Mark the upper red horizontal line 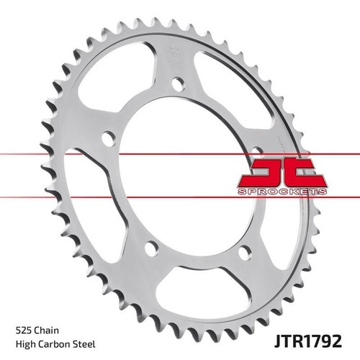(x=43, y=154)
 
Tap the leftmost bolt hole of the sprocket (x=108, y=138)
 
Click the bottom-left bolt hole (x=150, y=249)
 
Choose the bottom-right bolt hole (x=244, y=251)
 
